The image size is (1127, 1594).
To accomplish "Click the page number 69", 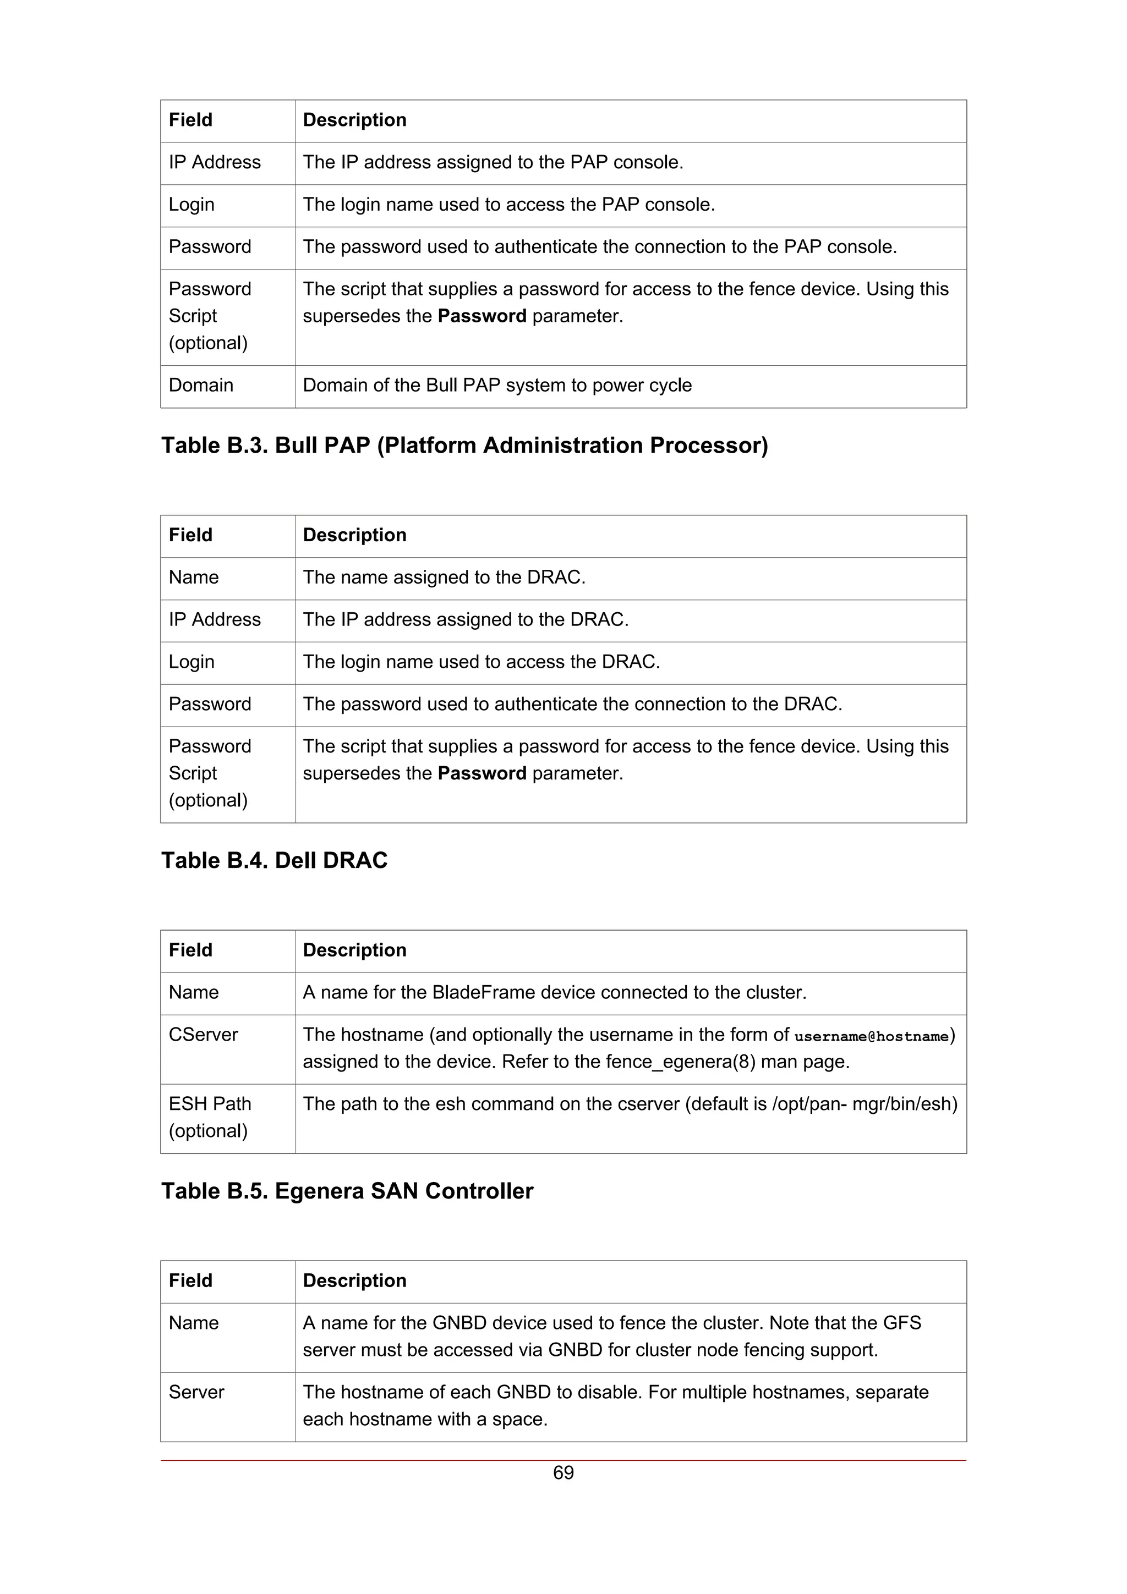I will click(x=563, y=1472).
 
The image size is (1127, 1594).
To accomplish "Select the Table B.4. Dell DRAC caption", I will click(x=274, y=860).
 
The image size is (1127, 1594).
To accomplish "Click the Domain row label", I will click(x=201, y=386).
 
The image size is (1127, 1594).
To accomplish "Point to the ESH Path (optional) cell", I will click(x=209, y=1117).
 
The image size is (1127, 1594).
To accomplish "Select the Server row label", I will click(x=196, y=1392).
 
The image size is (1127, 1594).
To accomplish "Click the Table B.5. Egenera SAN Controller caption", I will click(x=347, y=1191).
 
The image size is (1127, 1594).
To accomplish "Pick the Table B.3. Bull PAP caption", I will click(x=464, y=445).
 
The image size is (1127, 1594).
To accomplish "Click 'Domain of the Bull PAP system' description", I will click(x=497, y=386).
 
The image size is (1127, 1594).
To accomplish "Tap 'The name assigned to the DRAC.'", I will click(x=444, y=578).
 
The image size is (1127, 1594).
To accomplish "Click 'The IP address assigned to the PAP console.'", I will click(x=493, y=162).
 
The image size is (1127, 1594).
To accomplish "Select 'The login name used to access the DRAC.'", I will click(x=481, y=662).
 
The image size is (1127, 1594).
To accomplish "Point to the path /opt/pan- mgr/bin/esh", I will click(x=865, y=1104).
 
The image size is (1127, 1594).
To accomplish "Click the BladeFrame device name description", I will click(x=554, y=993).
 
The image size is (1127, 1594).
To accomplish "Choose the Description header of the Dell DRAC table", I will click(x=354, y=535).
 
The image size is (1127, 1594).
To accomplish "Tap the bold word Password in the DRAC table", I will click(x=482, y=773).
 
